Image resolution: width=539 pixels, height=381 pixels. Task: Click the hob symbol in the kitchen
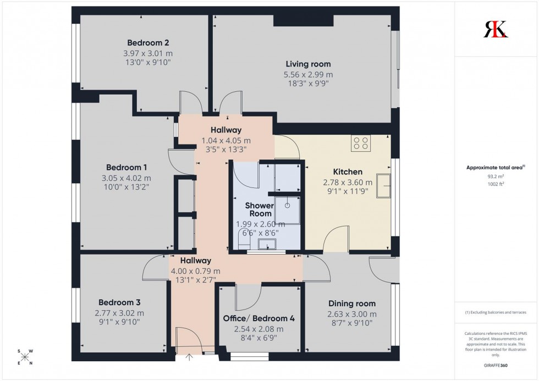[x=361, y=143]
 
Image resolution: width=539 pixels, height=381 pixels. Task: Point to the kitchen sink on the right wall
[x=387, y=185]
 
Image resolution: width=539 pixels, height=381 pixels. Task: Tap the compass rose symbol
[x=25, y=357]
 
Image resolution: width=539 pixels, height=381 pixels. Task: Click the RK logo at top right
[x=496, y=29]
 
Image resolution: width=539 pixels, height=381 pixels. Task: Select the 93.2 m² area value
[x=496, y=176]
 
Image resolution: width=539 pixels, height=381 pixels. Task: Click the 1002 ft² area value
[x=496, y=184]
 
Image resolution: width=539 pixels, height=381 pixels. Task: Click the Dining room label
[x=352, y=303]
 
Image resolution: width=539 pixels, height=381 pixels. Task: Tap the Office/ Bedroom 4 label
[x=255, y=318]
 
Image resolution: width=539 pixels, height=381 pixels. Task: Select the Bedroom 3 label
[x=119, y=302]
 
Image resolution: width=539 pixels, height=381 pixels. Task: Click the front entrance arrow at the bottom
[x=190, y=357]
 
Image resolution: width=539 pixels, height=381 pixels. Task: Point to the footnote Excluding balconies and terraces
[x=496, y=312]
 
